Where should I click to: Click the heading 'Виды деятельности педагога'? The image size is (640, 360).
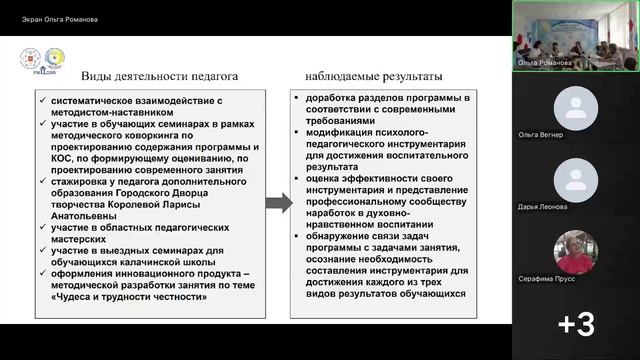(x=160, y=76)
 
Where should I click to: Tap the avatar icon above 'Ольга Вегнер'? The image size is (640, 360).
(x=575, y=105)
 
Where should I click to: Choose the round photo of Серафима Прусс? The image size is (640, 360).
(x=575, y=250)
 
